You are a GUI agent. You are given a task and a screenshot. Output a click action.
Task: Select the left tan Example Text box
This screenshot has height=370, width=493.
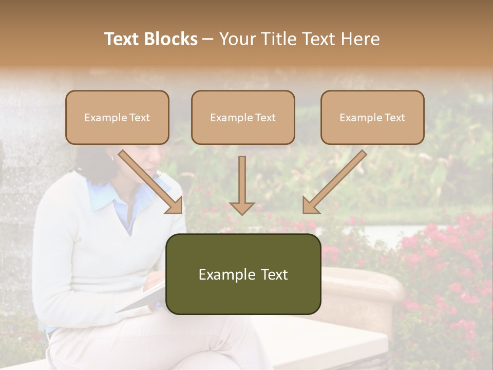coord(117,118)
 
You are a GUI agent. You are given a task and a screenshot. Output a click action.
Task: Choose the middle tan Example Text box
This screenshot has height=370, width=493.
coord(243,118)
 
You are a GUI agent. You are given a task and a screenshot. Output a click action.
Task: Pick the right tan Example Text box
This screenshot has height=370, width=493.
coord(372,118)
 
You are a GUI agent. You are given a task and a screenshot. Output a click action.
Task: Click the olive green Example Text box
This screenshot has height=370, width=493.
coord(243,274)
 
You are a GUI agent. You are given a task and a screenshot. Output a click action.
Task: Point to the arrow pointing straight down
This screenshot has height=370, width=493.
coord(242,185)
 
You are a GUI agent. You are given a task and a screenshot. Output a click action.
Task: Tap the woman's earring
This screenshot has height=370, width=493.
coord(112,158)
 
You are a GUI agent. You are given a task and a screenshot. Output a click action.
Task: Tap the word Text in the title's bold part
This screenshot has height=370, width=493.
coord(122,39)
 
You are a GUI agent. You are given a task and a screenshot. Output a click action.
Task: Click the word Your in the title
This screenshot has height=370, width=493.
coord(236,39)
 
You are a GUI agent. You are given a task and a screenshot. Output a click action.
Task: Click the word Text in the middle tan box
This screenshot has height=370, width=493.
coord(266,118)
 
